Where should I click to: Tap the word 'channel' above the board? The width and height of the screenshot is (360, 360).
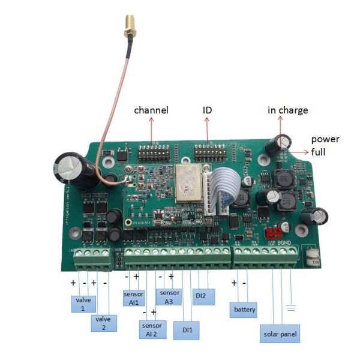pyautogui.click(x=151, y=110)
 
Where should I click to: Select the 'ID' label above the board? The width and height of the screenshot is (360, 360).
pyautogui.click(x=208, y=110)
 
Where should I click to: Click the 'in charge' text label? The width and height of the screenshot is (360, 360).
pyautogui.click(x=287, y=110)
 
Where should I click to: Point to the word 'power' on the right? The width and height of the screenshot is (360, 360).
pyautogui.click(x=325, y=139)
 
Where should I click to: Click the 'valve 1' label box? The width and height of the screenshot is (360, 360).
pyautogui.click(x=83, y=302)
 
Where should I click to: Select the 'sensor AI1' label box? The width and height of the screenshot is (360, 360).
pyautogui.click(x=134, y=298)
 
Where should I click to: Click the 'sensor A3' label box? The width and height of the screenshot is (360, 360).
pyautogui.click(x=168, y=296)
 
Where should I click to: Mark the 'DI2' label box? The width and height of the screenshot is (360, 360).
pyautogui.click(x=204, y=296)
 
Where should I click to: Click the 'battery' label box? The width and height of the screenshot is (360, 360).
pyautogui.click(x=245, y=310)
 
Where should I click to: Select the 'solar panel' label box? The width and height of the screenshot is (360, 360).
pyautogui.click(x=278, y=334)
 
